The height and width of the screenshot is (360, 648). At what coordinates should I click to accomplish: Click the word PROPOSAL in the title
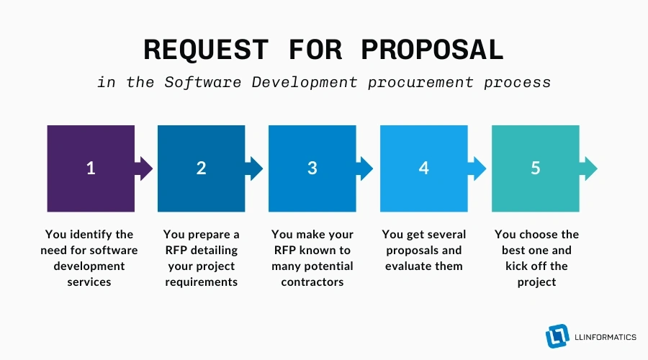(431, 50)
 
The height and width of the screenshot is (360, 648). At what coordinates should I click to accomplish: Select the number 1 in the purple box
(91, 168)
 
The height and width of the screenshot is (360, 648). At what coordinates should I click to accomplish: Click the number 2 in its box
(202, 168)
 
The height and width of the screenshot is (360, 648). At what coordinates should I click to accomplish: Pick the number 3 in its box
(312, 168)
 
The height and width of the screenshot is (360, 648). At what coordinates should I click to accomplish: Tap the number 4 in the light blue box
(424, 168)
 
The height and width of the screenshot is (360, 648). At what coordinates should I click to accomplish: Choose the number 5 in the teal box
(535, 168)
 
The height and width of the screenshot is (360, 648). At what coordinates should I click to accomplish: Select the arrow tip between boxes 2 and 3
(256, 168)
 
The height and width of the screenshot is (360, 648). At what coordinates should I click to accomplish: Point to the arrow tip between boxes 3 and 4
(366, 168)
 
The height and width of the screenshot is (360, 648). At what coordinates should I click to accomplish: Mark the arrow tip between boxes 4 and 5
(478, 168)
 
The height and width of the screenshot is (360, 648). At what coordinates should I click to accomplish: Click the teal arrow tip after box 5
(590, 168)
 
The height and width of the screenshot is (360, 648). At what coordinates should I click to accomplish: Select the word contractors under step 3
(312, 282)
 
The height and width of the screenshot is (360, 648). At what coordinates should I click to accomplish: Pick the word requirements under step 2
(201, 282)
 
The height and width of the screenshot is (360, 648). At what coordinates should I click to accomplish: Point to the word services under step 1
(90, 282)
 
